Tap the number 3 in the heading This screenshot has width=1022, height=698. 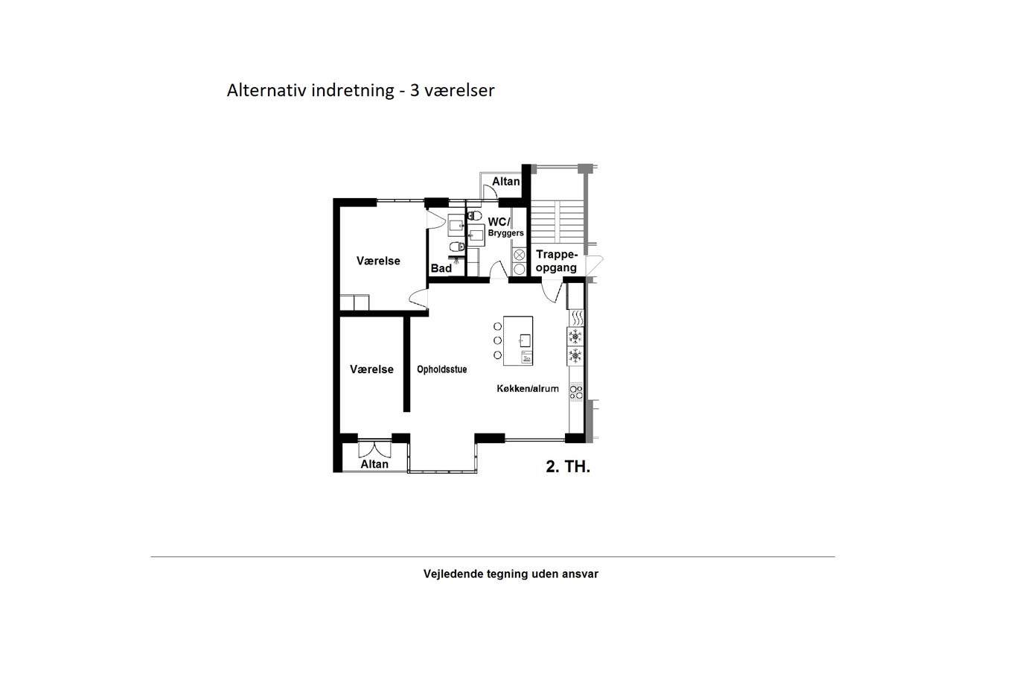(x=415, y=90)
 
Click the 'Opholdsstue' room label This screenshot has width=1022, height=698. (x=441, y=369)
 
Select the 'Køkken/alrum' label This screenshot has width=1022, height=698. (x=528, y=389)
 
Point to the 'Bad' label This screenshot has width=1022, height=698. (x=441, y=268)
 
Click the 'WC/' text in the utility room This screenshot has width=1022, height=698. (x=499, y=222)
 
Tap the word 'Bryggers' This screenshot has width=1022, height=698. (x=505, y=233)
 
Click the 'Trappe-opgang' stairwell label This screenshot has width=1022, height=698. (x=557, y=261)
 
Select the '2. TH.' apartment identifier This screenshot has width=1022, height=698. (x=568, y=466)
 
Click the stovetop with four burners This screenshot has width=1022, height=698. (x=576, y=392)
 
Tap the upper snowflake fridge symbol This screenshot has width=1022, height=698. (x=575, y=337)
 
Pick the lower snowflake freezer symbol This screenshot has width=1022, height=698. (x=575, y=355)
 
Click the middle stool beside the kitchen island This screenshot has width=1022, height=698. (x=497, y=340)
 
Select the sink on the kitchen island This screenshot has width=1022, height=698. (x=526, y=340)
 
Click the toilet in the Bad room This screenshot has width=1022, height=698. (x=457, y=247)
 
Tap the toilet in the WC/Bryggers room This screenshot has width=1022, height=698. (x=475, y=215)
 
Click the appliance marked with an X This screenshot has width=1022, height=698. (x=520, y=256)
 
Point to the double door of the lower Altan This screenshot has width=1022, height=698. (x=374, y=449)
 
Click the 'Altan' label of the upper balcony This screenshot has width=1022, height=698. (x=505, y=182)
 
